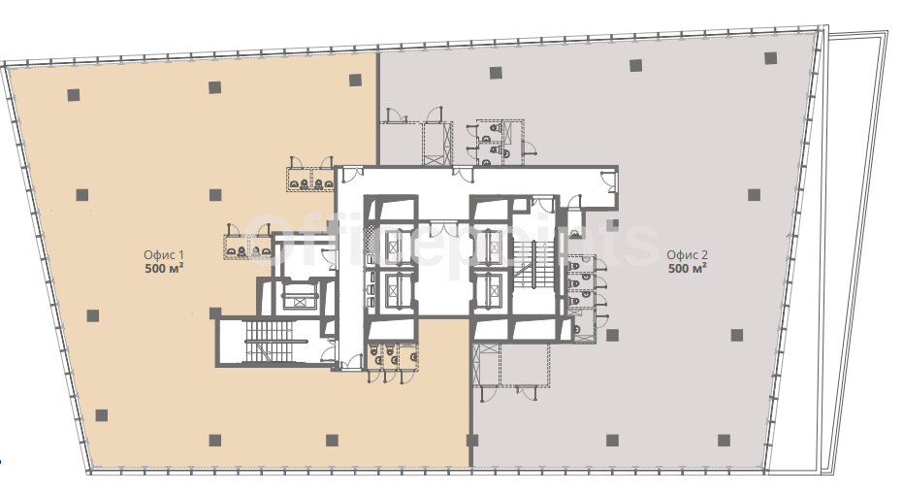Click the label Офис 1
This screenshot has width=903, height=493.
(164, 254)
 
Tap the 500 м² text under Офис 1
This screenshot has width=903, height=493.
(164, 269)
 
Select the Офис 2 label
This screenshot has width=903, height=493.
(687, 254)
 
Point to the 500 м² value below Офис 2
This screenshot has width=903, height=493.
(687, 269)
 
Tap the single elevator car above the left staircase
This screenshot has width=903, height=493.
(298, 298)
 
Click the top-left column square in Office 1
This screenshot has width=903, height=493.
(73, 95)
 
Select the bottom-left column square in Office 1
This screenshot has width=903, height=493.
(101, 415)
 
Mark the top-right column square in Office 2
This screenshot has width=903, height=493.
(770, 58)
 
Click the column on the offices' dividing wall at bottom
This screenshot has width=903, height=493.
(472, 442)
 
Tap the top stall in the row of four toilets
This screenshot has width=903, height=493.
(581, 265)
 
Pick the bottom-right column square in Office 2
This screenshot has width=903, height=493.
(724, 441)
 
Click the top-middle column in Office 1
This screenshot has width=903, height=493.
(214, 87)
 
